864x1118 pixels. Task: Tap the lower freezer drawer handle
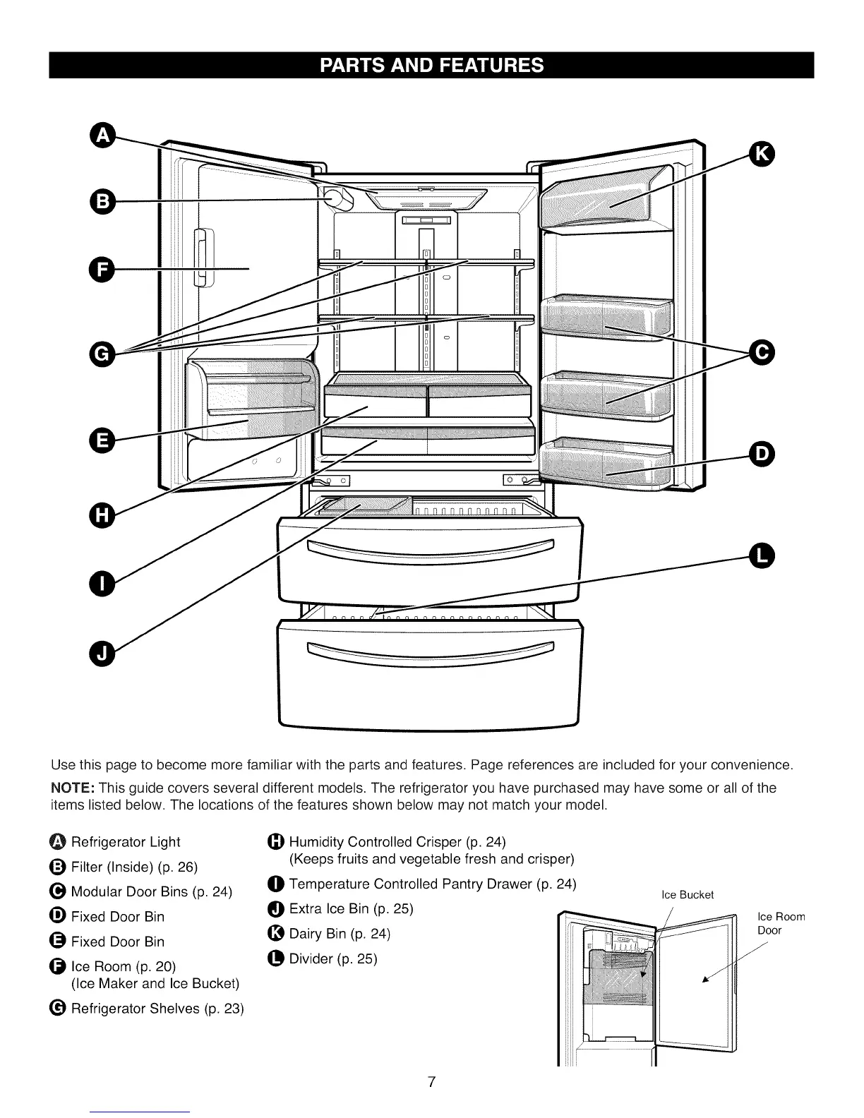click(431, 651)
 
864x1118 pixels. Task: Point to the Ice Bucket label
click(687, 895)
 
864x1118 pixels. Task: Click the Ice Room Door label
click(780, 923)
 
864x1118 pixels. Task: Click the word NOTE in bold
click(73, 788)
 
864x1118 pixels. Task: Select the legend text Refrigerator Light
click(126, 842)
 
